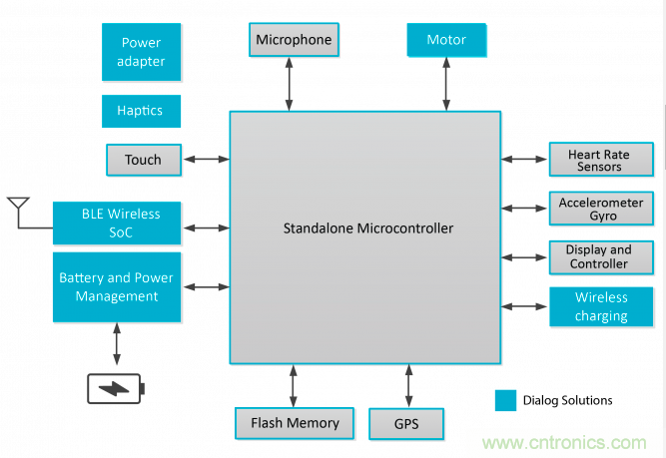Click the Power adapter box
click(x=141, y=52)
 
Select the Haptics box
click(x=141, y=111)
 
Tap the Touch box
click(x=143, y=160)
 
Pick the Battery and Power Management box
click(x=116, y=287)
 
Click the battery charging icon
click(x=116, y=387)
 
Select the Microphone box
click(x=293, y=40)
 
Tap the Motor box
click(x=446, y=40)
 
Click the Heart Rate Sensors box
click(x=599, y=160)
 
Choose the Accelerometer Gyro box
click(x=599, y=209)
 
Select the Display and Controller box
click(x=599, y=256)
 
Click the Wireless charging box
click(x=601, y=306)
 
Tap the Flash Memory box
click(x=295, y=423)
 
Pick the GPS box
click(x=406, y=423)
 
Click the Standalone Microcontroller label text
click(x=367, y=229)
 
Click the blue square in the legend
click(x=505, y=400)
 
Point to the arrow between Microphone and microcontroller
click(x=291, y=84)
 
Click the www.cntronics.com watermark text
click(x=565, y=442)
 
